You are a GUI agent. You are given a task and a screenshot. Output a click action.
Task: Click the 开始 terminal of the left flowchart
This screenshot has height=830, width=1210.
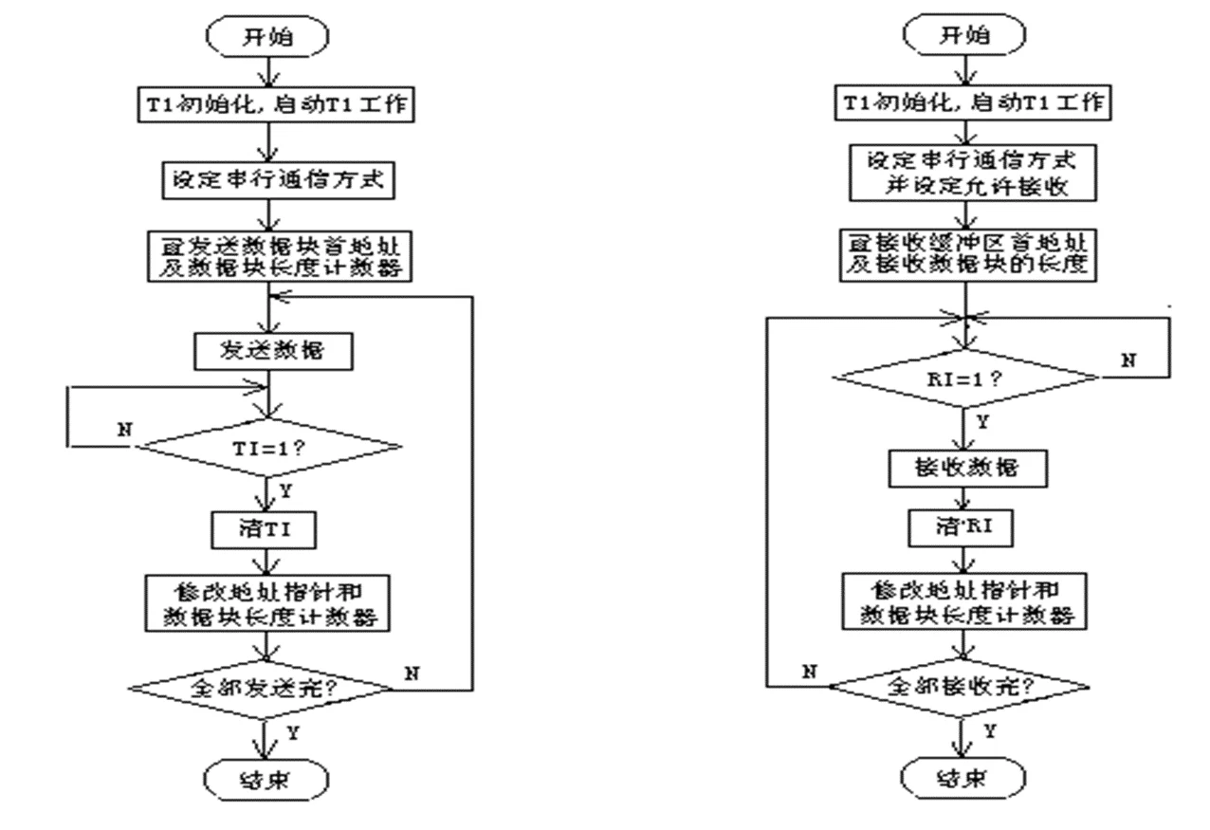(269, 38)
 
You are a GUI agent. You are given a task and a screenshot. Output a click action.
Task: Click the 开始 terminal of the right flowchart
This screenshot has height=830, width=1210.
(962, 38)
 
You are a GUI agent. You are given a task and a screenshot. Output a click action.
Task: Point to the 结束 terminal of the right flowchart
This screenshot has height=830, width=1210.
(962, 780)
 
